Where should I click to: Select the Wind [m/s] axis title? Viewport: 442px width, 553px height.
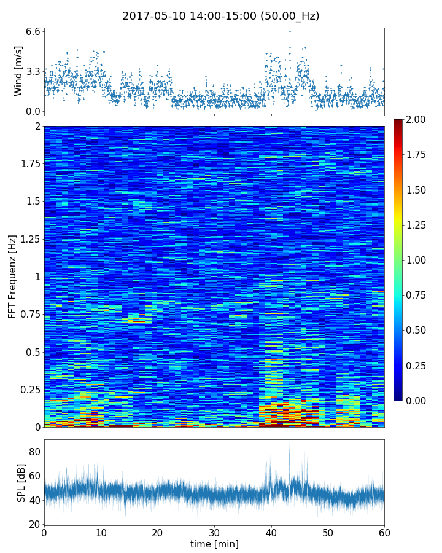pos(18,71)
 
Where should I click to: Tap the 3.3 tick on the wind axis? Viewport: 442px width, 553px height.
pos(33,71)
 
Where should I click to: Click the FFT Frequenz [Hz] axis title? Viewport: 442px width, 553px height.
pos(12,276)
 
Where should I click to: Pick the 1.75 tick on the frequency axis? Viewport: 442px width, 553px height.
pos(29,164)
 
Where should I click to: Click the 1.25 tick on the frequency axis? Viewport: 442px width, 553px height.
pos(29,239)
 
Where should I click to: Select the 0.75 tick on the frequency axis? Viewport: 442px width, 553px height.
pos(29,315)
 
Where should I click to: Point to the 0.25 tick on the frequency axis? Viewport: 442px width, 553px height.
pos(29,390)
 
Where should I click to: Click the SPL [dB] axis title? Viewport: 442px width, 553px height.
pos(21,482)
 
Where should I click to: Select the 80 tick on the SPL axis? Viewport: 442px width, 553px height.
pos(34,452)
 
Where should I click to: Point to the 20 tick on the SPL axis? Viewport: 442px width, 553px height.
pos(34,524)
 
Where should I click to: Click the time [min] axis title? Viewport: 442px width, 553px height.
pos(214,544)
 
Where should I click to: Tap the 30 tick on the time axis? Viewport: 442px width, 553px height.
pos(214,532)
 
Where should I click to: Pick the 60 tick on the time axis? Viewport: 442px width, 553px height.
pos(384,532)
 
